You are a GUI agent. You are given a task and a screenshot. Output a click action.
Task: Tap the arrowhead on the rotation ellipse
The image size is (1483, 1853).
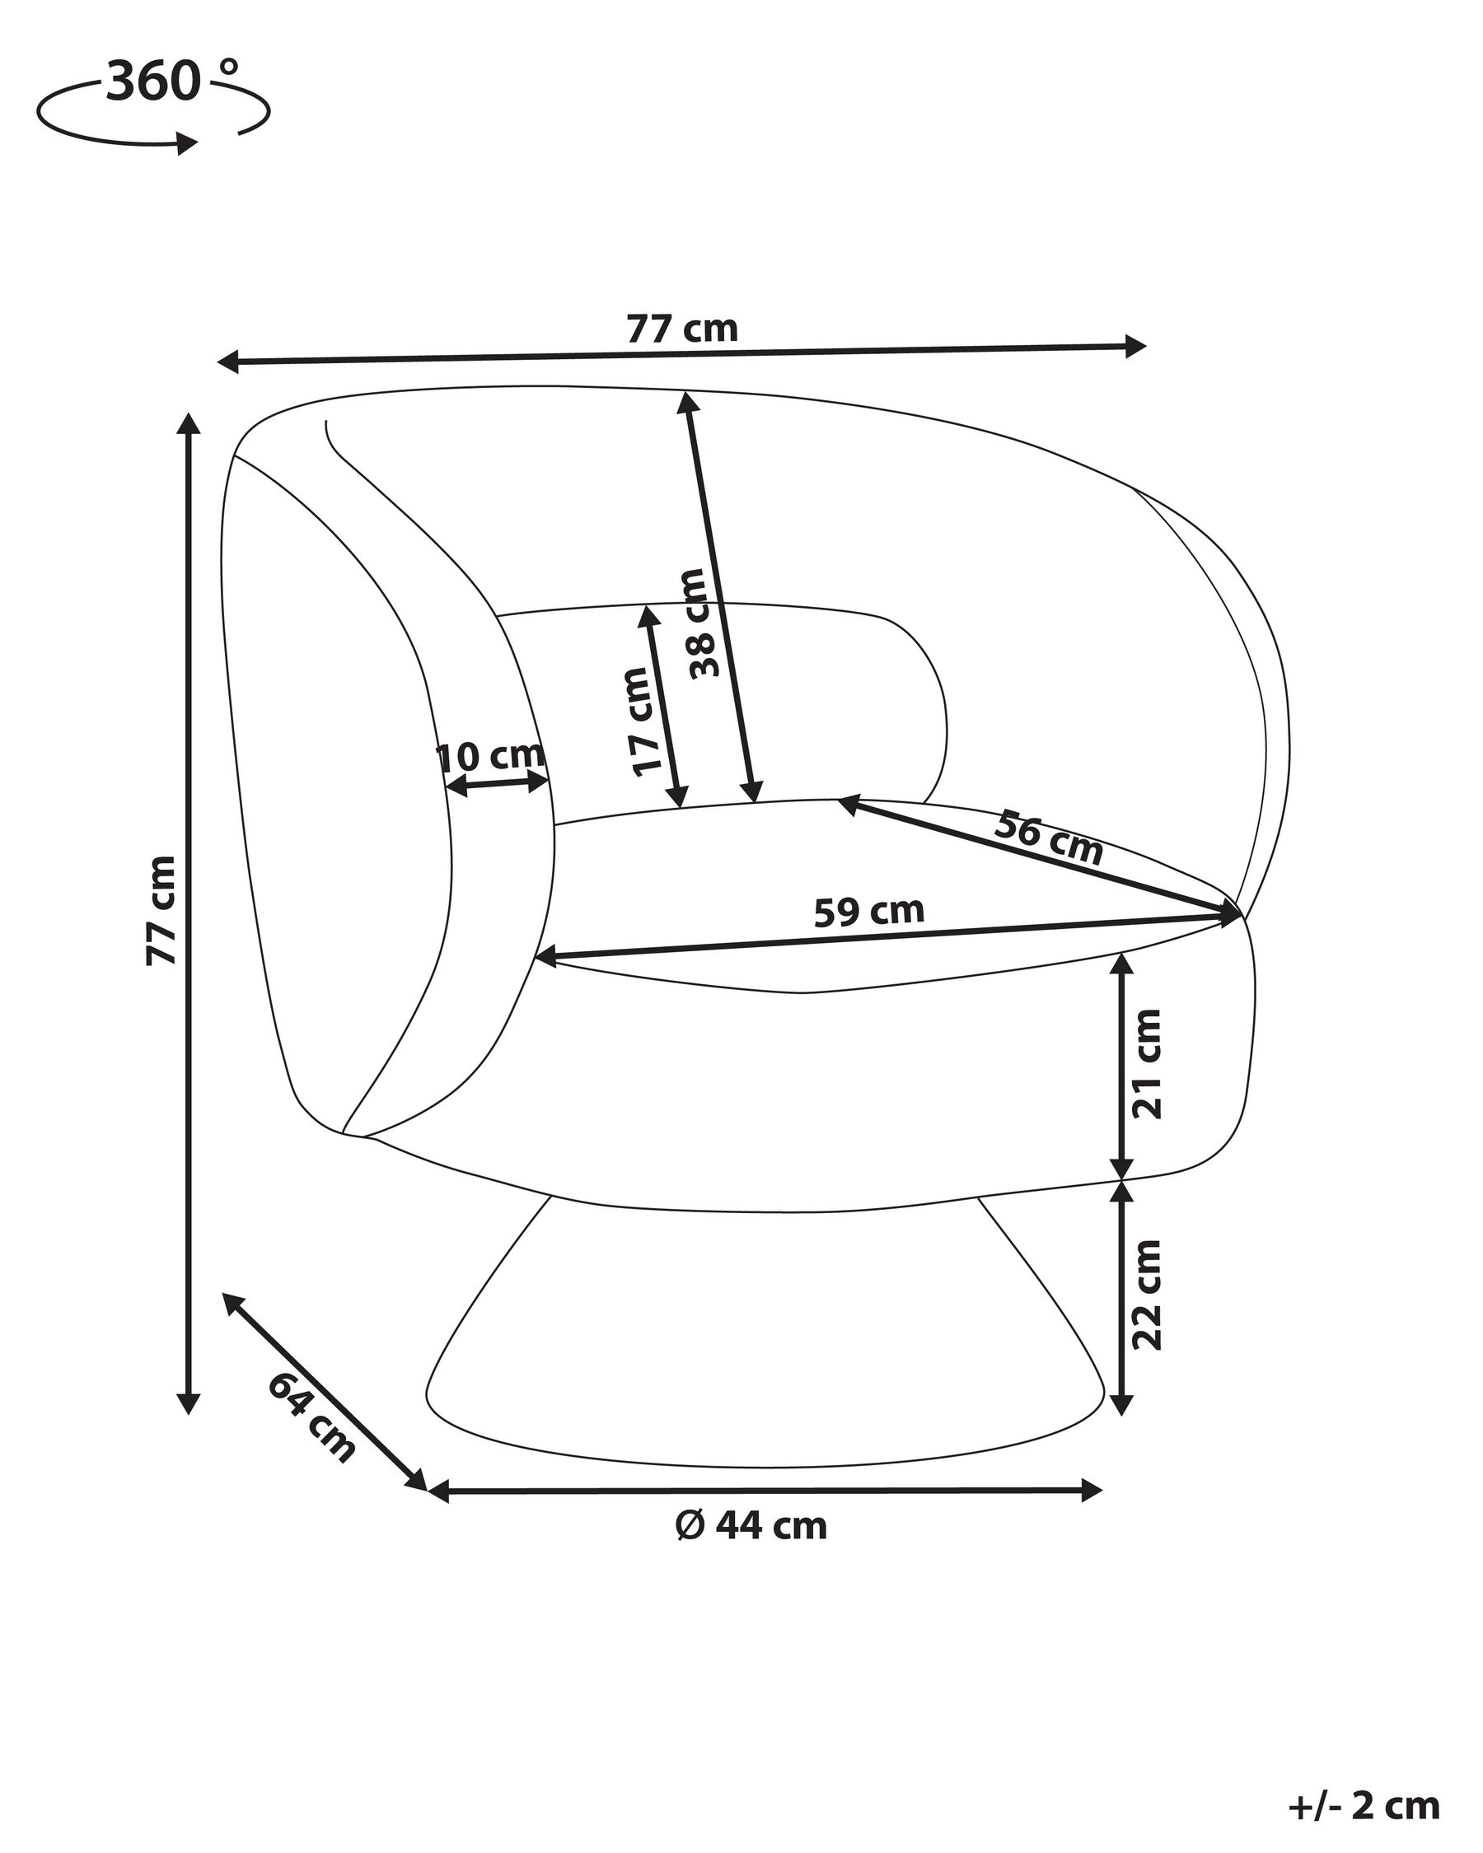click(x=186, y=142)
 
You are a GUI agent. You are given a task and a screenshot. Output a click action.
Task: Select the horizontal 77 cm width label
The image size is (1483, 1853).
click(x=681, y=329)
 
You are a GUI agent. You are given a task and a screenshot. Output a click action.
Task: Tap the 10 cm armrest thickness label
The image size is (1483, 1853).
click(x=491, y=756)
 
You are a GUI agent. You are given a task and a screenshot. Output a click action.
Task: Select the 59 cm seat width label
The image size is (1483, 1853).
click(x=868, y=911)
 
